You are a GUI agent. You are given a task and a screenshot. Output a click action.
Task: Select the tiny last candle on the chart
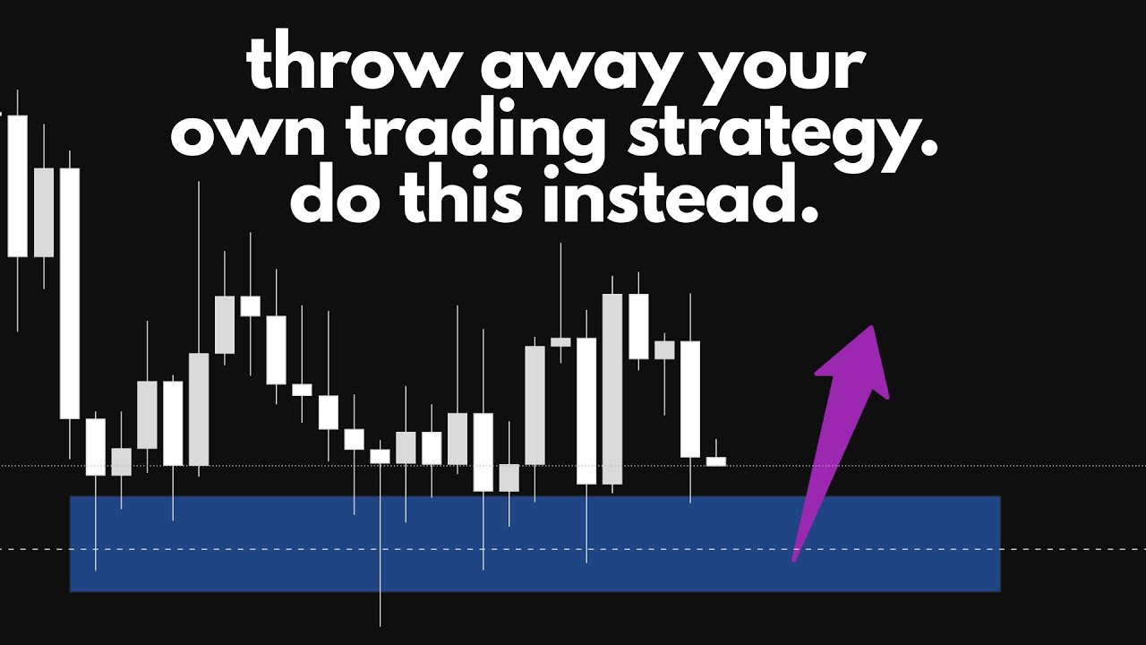[715, 461]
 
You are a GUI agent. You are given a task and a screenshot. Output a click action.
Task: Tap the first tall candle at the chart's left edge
[18, 185]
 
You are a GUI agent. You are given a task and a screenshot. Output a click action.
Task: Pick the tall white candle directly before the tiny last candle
[690, 399]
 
